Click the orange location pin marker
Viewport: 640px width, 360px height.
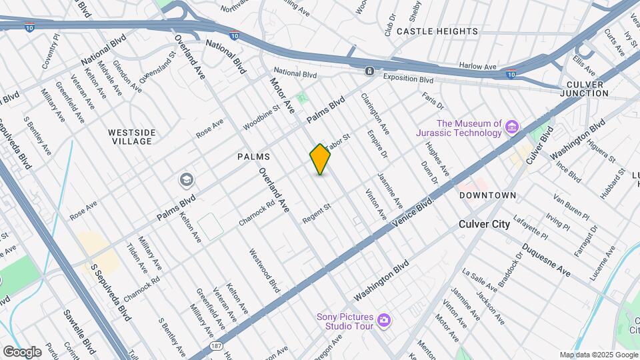pyautogui.click(x=320, y=159)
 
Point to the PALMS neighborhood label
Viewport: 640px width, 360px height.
pyautogui.click(x=253, y=157)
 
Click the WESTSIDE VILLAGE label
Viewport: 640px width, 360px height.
pyautogui.click(x=132, y=137)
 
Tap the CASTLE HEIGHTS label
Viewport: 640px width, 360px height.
pyautogui.click(x=437, y=31)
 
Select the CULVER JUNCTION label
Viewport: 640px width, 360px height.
pyautogui.click(x=586, y=89)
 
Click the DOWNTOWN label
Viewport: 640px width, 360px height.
pyautogui.click(x=487, y=195)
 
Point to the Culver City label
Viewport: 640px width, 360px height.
pyautogui.click(x=484, y=224)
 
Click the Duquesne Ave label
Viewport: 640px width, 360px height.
pyautogui.click(x=546, y=261)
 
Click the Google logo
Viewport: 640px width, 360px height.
pyautogui.click(x=23, y=351)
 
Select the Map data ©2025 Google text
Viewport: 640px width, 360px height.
pyautogui.click(x=598, y=355)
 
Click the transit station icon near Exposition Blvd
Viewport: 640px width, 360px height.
pyautogui.click(x=369, y=71)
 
